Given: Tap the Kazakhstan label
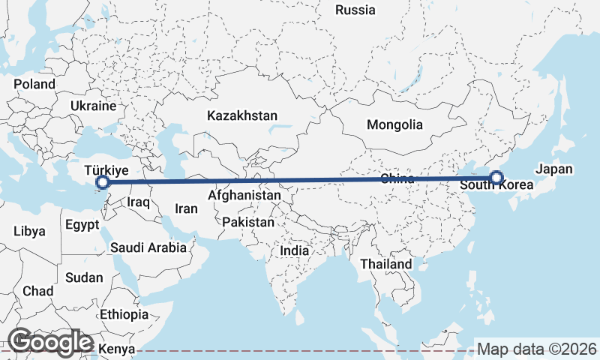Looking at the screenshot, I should [x=242, y=116].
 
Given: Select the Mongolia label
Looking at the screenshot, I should [x=394, y=124].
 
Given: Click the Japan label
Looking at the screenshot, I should [x=554, y=169].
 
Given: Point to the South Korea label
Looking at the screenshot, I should [x=496, y=185].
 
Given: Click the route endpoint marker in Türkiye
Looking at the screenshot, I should [x=103, y=182].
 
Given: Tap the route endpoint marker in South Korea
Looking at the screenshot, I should [x=496, y=178].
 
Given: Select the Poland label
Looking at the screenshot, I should [x=34, y=84].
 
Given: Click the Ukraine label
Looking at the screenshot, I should [x=94, y=106].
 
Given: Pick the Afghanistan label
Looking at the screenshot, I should [x=244, y=196].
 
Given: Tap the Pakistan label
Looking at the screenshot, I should [x=248, y=223].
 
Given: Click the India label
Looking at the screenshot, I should [x=295, y=251].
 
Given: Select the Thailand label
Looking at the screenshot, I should [x=385, y=264].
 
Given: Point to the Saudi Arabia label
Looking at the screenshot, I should [x=148, y=247].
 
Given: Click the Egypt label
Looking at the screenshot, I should [x=82, y=224].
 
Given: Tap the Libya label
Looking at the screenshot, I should [x=28, y=230].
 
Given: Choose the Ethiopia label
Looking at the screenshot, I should [x=124, y=314].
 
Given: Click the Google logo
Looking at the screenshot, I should [x=50, y=342].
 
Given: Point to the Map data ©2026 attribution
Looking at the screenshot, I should [x=537, y=349].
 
